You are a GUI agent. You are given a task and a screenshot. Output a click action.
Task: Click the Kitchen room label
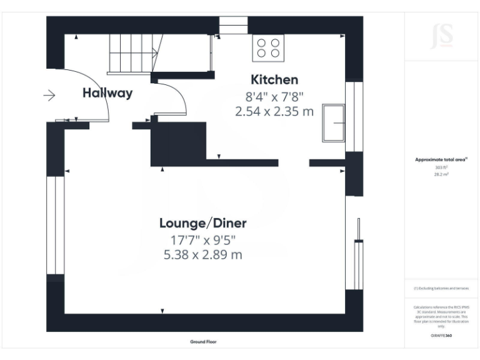pos(274,80)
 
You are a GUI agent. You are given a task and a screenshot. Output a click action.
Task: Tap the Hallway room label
pos(107,94)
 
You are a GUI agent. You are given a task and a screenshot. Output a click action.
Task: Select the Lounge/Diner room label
pos(203,223)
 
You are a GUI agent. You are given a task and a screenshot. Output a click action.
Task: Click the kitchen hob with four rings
pos(268,48)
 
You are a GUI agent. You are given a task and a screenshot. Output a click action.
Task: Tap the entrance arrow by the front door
pos(49,96)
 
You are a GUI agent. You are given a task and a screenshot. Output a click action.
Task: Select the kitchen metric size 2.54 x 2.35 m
pos(274,112)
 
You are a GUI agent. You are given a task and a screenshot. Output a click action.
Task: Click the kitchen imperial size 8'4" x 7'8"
pos(274,97)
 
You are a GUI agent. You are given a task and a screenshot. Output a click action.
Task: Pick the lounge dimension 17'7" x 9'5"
pos(203,240)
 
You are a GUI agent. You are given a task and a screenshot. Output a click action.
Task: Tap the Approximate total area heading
pos(441,160)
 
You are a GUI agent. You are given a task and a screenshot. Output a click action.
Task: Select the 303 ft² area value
pos(441,167)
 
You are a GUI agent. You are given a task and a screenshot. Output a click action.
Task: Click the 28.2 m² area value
pos(441,175)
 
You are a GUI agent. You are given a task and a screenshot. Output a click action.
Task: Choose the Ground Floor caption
pos(203,342)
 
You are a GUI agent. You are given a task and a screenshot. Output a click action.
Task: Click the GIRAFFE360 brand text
pos(441,336)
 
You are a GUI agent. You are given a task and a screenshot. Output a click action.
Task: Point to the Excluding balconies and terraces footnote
pos(441,288)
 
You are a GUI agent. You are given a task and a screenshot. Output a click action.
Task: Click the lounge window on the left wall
pos(56,225)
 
